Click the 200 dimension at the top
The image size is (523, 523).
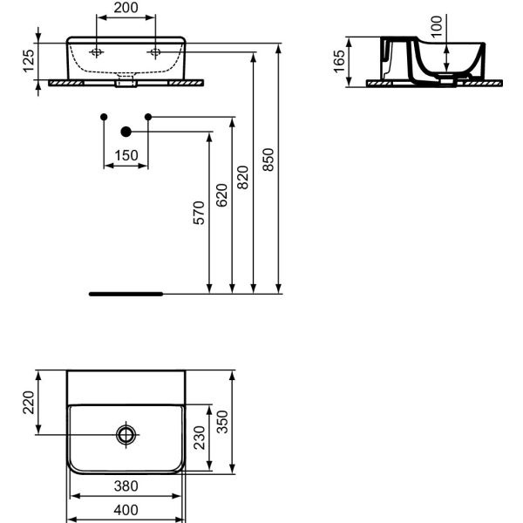point(126,7)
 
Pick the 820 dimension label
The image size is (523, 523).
point(243,177)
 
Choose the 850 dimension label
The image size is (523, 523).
point(268,160)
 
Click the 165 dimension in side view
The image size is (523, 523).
point(338,61)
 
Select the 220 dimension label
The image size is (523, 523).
point(28,402)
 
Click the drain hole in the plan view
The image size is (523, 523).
point(126,433)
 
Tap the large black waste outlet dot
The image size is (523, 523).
point(126,132)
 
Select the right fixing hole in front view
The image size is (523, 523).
point(156,51)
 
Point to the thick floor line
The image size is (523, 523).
point(126,294)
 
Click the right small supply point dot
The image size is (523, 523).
point(148,117)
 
